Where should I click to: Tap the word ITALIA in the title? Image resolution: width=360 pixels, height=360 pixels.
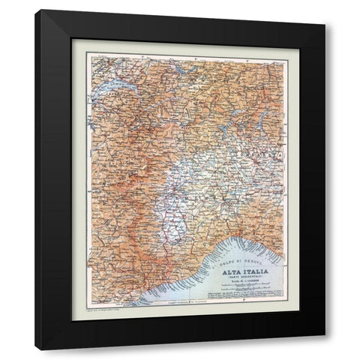[251, 271]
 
